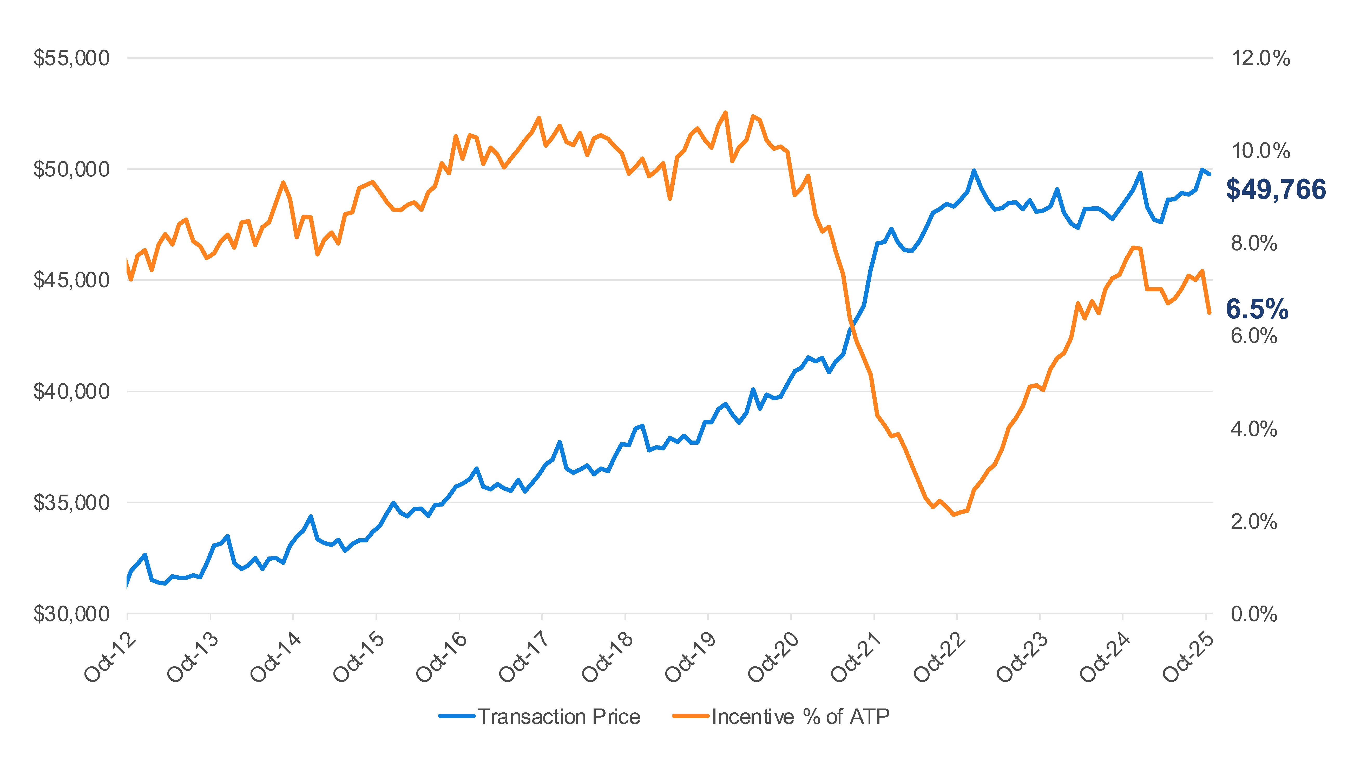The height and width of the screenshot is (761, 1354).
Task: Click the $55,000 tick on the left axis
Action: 71,58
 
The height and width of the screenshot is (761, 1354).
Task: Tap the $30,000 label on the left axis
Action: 71,614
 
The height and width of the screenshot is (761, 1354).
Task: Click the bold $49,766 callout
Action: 1276,189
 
